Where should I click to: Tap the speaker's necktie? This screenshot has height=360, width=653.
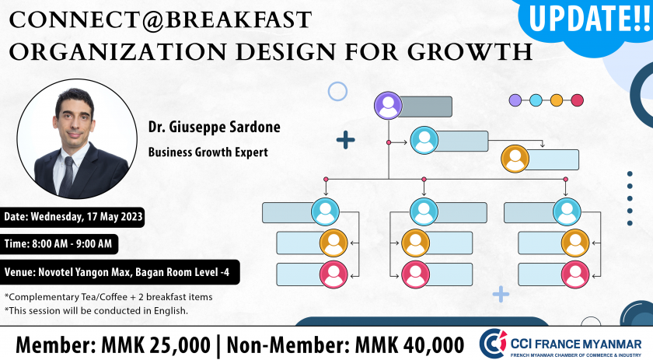click(x=67, y=176)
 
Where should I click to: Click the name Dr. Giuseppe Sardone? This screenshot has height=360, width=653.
click(x=214, y=127)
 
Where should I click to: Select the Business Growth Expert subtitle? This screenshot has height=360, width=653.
click(x=208, y=152)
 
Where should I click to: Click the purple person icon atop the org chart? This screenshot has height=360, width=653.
click(x=388, y=106)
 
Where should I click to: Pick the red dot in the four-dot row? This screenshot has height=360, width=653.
click(x=577, y=100)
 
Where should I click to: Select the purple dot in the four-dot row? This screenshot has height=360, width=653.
click(x=515, y=100)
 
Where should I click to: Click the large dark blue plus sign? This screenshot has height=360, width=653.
click(x=346, y=140)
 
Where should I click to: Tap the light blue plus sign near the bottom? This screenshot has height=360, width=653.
click(x=501, y=294)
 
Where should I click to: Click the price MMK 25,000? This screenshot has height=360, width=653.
click(x=155, y=345)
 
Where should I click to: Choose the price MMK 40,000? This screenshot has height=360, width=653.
click(x=410, y=345)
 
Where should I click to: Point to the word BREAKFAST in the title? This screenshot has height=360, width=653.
click(x=238, y=20)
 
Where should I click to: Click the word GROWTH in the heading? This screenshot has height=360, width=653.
click(x=470, y=52)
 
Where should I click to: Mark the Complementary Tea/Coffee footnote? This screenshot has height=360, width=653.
click(x=108, y=297)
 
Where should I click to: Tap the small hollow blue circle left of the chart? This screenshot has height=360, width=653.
click(x=337, y=91)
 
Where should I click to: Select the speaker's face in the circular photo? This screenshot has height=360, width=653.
click(x=75, y=118)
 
